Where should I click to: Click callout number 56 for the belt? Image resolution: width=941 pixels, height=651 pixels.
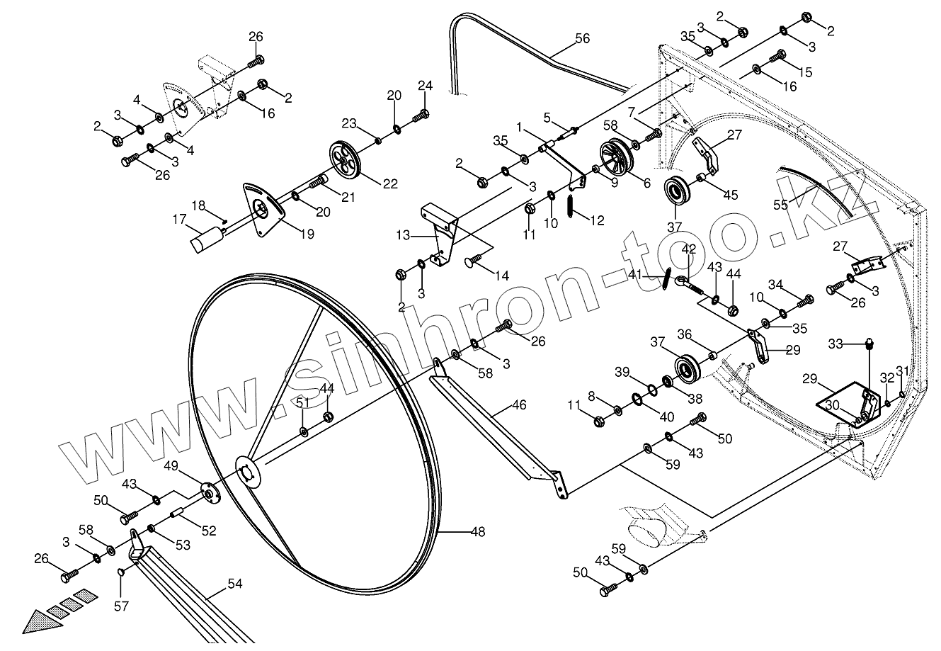point(582,38)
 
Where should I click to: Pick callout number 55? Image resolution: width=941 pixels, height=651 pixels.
point(780,204)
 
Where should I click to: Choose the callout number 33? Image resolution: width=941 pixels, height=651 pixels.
point(836,344)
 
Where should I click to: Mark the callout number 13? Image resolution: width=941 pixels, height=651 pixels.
point(402,234)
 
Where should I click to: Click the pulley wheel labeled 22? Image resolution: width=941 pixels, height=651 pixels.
point(345,161)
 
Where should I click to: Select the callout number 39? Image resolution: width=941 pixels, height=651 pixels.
point(621,373)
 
